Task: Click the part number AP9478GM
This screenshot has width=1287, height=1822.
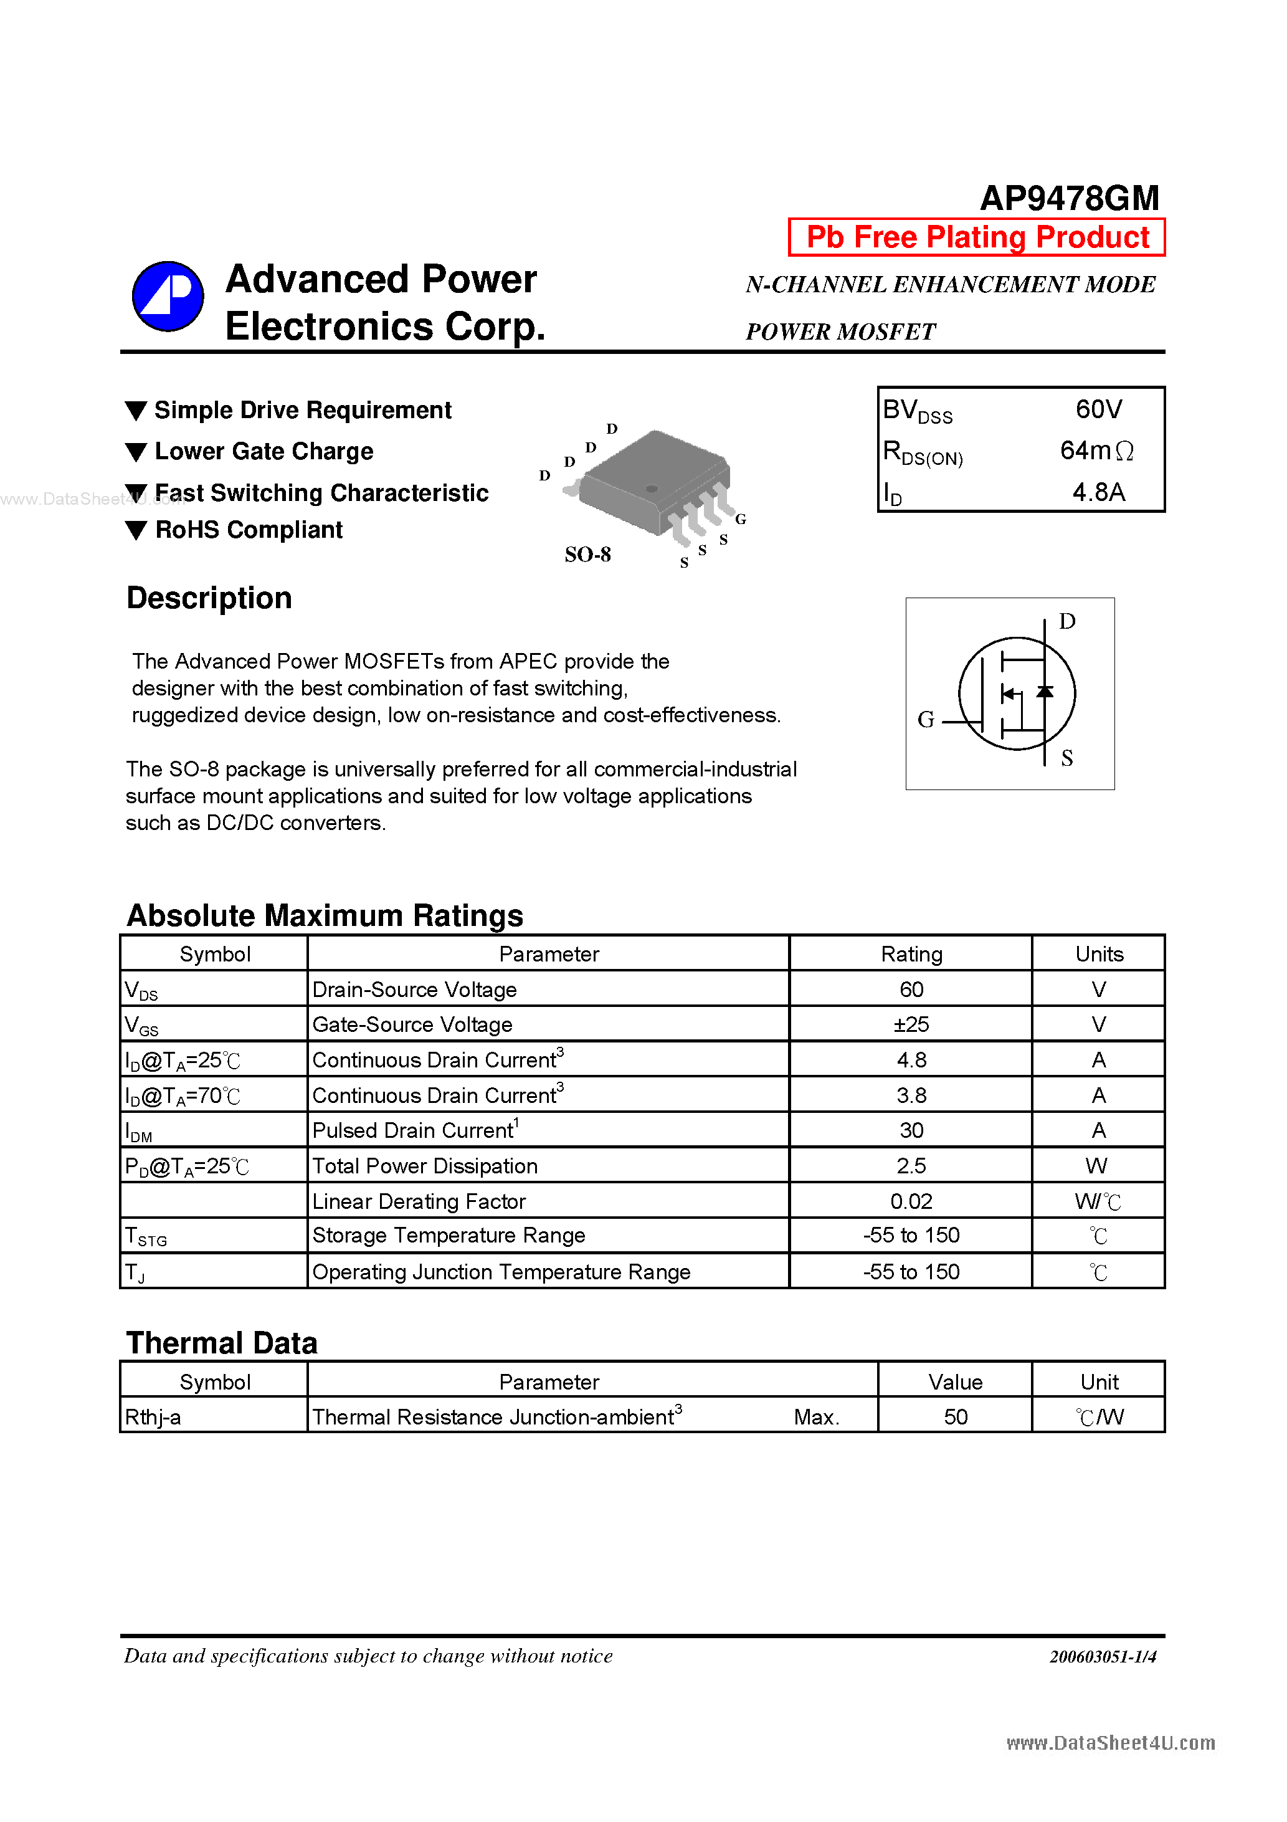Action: click(1069, 198)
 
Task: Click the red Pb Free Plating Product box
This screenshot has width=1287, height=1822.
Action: click(976, 237)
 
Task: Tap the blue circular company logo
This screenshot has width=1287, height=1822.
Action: click(168, 296)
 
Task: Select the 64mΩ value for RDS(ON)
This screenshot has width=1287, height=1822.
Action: click(1096, 451)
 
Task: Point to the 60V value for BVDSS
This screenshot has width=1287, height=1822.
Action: click(1098, 409)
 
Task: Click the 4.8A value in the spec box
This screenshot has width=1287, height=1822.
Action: click(1098, 492)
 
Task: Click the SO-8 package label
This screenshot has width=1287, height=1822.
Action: click(587, 555)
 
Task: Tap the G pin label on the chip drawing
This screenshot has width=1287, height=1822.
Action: click(740, 519)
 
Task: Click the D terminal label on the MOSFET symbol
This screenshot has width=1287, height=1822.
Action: click(1067, 621)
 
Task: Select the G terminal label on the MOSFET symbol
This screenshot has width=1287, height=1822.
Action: click(925, 720)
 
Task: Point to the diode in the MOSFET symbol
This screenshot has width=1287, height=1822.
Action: click(1045, 692)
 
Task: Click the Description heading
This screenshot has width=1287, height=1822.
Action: click(209, 598)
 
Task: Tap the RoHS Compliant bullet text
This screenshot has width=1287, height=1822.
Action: click(249, 530)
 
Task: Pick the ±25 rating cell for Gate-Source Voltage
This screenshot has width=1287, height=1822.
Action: click(911, 1024)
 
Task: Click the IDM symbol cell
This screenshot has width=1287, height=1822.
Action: click(139, 1132)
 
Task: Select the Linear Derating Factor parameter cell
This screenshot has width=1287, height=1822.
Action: click(419, 1201)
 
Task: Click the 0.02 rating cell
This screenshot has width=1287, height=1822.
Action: click(911, 1201)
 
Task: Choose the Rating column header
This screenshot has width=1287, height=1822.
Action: click(911, 954)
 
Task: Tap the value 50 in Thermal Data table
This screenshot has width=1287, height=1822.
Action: click(956, 1418)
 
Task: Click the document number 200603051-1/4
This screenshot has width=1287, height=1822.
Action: click(1102, 1656)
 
